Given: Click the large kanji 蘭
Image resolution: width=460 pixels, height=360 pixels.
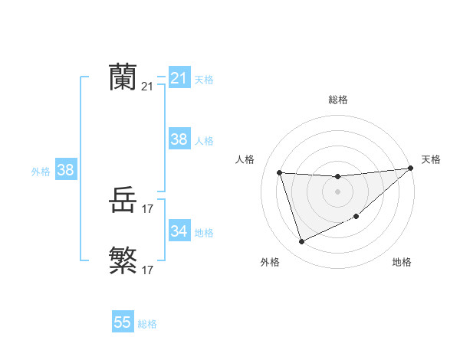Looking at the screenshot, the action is click(x=123, y=77).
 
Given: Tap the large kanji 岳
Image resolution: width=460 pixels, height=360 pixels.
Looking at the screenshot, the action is click(x=123, y=201).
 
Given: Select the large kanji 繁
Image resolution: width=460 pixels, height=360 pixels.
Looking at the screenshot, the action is click(x=123, y=260).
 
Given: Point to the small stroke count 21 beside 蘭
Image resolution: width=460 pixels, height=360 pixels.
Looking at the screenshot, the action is click(x=147, y=87).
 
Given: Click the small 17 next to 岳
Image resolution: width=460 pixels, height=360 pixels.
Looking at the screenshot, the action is click(x=148, y=209).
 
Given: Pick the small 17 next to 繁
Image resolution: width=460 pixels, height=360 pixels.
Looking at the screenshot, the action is click(x=148, y=270).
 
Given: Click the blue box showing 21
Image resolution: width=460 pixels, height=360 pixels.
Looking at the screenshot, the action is click(x=179, y=78).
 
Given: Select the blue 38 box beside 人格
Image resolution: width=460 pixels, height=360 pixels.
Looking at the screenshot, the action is click(x=179, y=139).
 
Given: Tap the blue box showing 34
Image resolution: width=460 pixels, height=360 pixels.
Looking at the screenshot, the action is click(x=179, y=231).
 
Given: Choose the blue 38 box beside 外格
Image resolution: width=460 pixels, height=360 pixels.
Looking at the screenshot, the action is click(x=65, y=170).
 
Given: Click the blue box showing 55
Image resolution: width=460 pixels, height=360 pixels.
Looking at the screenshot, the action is click(x=123, y=322).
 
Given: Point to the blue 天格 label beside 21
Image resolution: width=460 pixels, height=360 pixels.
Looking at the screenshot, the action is click(x=204, y=80).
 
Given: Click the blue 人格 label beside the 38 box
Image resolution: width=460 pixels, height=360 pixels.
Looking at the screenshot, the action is click(x=204, y=141).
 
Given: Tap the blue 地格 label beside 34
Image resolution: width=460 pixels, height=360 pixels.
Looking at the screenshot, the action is click(x=204, y=232).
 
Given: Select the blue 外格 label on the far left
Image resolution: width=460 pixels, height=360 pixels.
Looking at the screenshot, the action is click(x=41, y=172).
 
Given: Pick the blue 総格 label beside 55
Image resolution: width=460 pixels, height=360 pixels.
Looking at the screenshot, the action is click(x=147, y=324).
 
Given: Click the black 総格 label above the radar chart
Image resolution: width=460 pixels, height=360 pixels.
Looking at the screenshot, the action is click(x=337, y=100).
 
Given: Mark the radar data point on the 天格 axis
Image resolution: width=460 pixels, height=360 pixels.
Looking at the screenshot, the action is click(x=411, y=169).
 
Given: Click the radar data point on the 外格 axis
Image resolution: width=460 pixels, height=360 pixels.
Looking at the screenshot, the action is click(x=301, y=242).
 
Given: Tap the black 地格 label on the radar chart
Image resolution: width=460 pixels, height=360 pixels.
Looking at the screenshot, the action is click(x=402, y=263).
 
